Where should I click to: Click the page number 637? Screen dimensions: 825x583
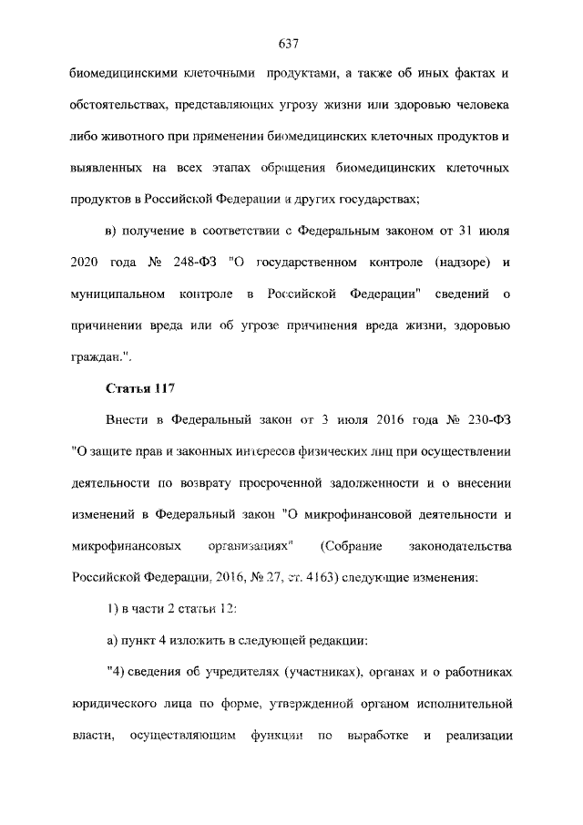[291, 43]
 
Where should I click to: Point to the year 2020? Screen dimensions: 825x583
[85, 263]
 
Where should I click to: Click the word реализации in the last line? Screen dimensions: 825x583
[483, 735]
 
